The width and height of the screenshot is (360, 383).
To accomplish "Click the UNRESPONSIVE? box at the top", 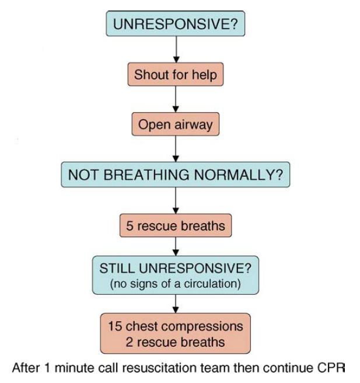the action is pyautogui.click(x=176, y=23).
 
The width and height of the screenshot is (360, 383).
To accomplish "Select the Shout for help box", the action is pyautogui.click(x=176, y=74).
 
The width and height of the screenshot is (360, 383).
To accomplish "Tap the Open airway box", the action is pyautogui.click(x=176, y=124).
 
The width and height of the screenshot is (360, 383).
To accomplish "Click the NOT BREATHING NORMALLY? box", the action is pyautogui.click(x=176, y=175).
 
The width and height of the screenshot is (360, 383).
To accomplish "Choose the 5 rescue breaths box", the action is pyautogui.click(x=176, y=225).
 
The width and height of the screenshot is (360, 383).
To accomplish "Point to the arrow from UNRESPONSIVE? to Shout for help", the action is pyautogui.click(x=176, y=50).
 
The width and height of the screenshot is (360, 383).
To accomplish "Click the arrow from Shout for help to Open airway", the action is pyautogui.click(x=176, y=99).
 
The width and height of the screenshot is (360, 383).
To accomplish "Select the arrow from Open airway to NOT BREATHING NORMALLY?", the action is pyautogui.click(x=176, y=149).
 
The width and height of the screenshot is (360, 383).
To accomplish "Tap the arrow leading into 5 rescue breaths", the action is pyautogui.click(x=176, y=201).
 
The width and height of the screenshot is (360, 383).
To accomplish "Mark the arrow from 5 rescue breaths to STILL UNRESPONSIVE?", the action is pyautogui.click(x=176, y=246).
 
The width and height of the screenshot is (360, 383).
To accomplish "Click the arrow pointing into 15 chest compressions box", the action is pyautogui.click(x=176, y=304).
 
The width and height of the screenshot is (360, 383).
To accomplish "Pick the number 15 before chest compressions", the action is pyautogui.click(x=115, y=326).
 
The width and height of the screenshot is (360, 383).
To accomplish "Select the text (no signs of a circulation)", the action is pyautogui.click(x=176, y=284).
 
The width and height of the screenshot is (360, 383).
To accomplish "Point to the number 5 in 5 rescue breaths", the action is pyautogui.click(x=130, y=226).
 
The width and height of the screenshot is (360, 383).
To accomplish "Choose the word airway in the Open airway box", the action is pyautogui.click(x=194, y=125).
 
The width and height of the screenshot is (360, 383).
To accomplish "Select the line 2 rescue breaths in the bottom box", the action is pyautogui.click(x=175, y=342).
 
